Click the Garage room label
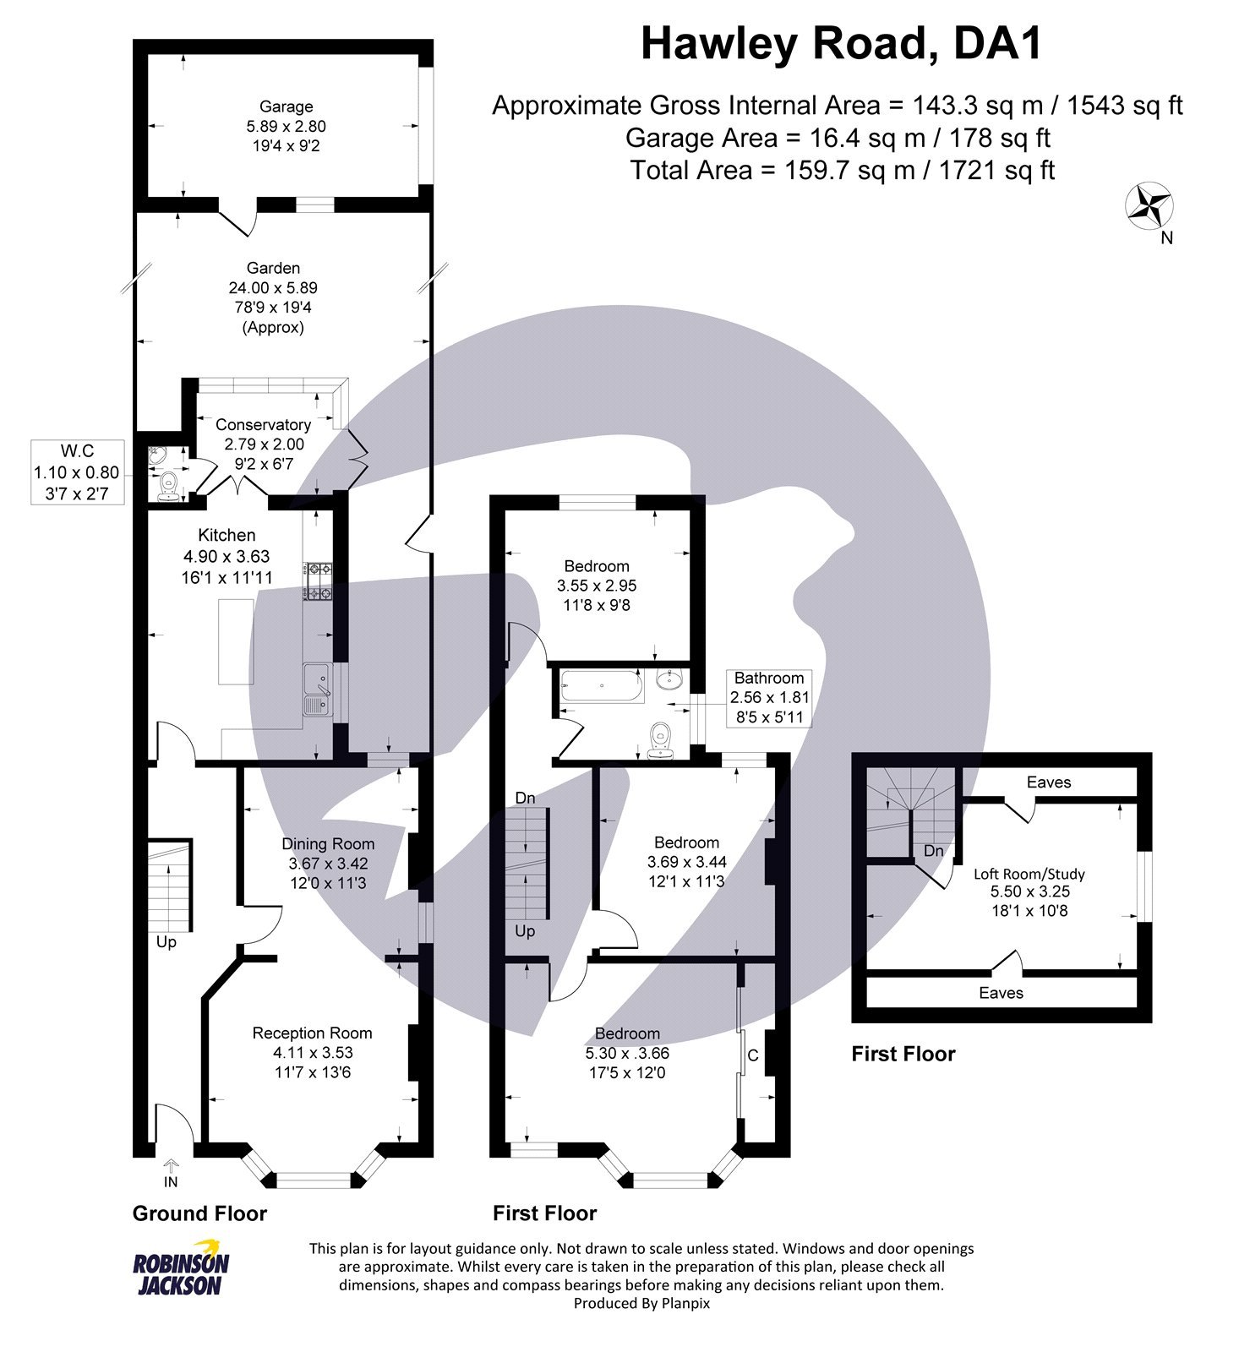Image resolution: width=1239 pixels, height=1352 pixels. (x=286, y=107)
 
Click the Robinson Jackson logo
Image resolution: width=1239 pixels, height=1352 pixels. (x=181, y=1268)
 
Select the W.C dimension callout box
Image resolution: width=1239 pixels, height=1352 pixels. (x=77, y=472)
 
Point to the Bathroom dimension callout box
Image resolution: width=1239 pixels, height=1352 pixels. (x=769, y=698)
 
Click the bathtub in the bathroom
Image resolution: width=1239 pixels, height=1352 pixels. (x=601, y=685)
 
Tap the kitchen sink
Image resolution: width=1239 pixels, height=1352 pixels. (x=318, y=690)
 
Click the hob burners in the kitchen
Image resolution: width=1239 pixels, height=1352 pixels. (x=319, y=581)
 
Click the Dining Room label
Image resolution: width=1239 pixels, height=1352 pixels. (x=328, y=843)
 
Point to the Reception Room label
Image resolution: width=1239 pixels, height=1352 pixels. (x=312, y=1033)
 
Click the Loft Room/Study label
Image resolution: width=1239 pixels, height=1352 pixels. (x=1029, y=874)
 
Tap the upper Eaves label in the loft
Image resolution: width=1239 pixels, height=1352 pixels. (x=1048, y=782)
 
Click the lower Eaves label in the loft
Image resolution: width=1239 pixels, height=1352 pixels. (x=1001, y=993)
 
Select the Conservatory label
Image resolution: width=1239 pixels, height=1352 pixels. (x=263, y=424)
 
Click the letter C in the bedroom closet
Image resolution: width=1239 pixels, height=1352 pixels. (x=753, y=1055)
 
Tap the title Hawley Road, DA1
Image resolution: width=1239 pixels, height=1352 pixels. (x=841, y=44)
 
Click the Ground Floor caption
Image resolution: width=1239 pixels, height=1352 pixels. (x=199, y=1213)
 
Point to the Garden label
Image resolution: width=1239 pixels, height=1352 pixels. (x=273, y=268)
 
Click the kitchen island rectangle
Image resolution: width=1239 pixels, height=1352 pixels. (x=237, y=641)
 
